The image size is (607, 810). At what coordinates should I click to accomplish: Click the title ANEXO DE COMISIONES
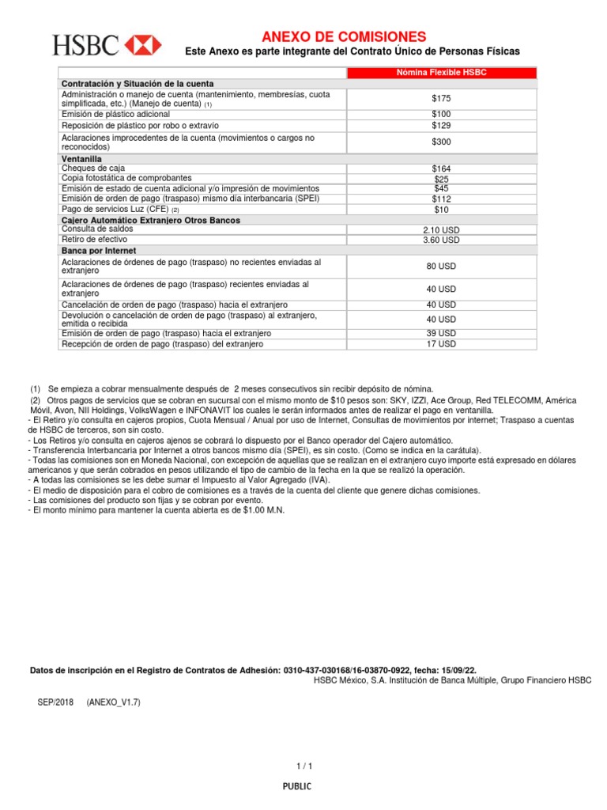(x=344, y=36)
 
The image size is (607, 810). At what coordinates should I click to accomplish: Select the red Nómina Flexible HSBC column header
(x=441, y=73)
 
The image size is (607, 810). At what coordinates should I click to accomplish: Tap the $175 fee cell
(x=441, y=99)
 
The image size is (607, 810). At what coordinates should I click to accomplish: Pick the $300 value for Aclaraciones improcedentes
(x=441, y=142)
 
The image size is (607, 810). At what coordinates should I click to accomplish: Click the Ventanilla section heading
(x=82, y=159)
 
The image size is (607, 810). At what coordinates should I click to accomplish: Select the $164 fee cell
(x=441, y=169)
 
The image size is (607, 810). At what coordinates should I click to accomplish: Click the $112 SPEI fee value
(x=441, y=199)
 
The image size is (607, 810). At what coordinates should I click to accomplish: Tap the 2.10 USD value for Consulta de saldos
(x=441, y=230)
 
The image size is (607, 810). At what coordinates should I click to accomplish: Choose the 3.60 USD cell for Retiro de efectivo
(x=441, y=240)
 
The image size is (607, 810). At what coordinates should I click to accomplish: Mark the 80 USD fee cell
(x=441, y=267)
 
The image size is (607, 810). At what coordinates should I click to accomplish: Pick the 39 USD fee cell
(x=441, y=333)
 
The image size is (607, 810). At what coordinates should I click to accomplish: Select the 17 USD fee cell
(x=441, y=344)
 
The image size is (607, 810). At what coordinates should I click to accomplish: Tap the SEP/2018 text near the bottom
(x=54, y=702)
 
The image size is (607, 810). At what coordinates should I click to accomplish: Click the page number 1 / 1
(x=305, y=766)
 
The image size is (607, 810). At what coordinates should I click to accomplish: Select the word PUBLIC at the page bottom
(x=298, y=786)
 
